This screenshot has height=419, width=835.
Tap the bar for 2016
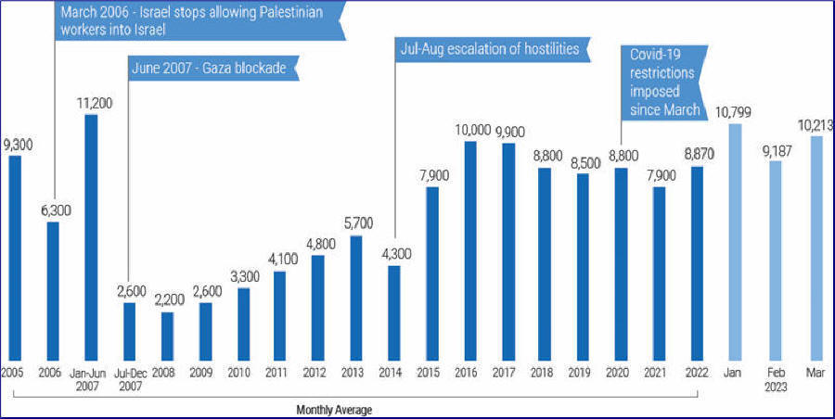tap(469, 250)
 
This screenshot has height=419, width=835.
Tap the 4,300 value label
tap(393, 254)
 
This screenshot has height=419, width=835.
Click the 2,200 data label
tap(167, 300)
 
